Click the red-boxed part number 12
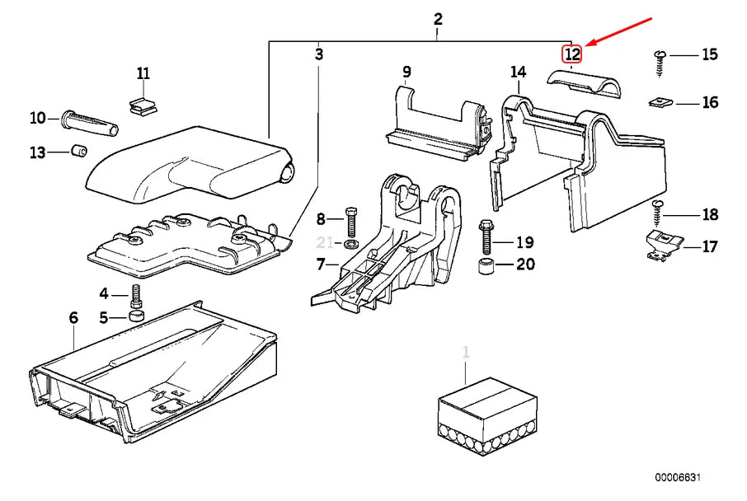(x=572, y=54)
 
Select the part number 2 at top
(x=438, y=19)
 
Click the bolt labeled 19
(x=485, y=237)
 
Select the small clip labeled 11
(x=142, y=105)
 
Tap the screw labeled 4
(x=136, y=295)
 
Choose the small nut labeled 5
(x=137, y=317)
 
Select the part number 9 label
(x=406, y=72)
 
